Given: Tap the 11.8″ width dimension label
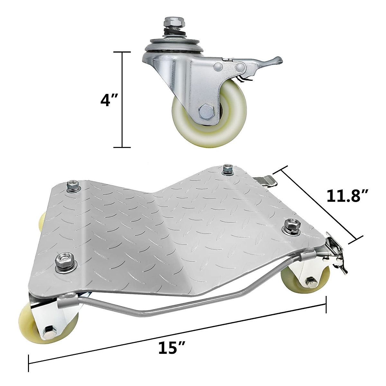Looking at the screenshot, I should [x=347, y=196].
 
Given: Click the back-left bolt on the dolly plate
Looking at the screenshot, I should [x=70, y=186].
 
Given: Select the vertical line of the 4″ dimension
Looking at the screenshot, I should [x=122, y=100].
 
